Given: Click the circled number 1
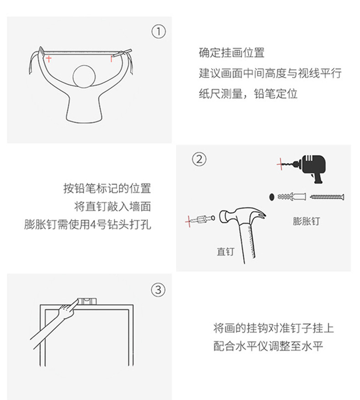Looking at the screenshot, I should point(158,31).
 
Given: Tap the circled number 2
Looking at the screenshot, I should point(199,159).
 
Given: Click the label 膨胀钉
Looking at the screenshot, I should point(306,222).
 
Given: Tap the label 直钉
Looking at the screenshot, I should point(225,251).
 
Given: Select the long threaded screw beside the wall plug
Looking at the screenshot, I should point(327,197).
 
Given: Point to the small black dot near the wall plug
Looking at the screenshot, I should point(272,197).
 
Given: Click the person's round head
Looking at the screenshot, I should point(87,77).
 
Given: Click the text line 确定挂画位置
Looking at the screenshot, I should point(231,53).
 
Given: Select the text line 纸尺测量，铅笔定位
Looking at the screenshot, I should point(248,94).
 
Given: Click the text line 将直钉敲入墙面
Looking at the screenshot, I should point(112,207).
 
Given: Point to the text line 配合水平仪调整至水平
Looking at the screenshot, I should point(268,346).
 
